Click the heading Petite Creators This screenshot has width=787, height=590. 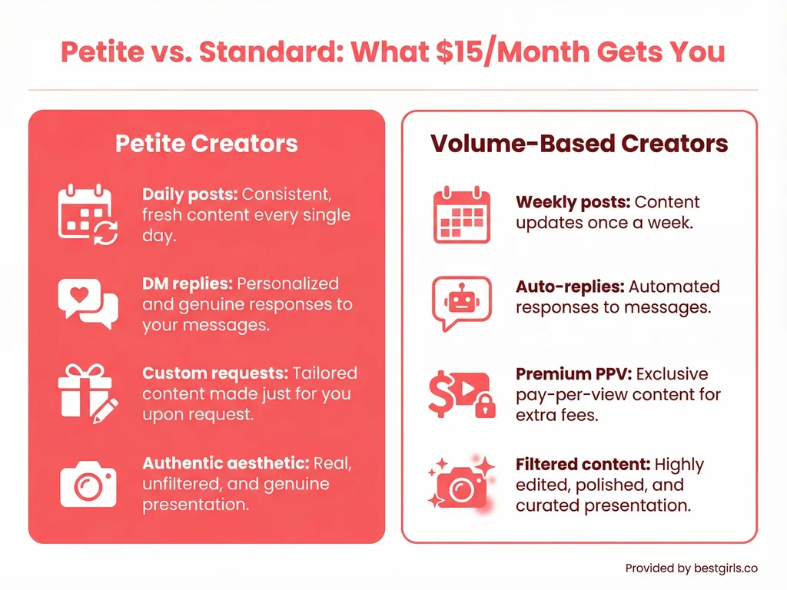(206, 144)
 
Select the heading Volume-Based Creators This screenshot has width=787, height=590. (579, 144)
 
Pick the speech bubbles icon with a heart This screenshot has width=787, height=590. (88, 303)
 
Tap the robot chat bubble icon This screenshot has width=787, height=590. (461, 302)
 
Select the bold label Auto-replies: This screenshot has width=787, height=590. (569, 287)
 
